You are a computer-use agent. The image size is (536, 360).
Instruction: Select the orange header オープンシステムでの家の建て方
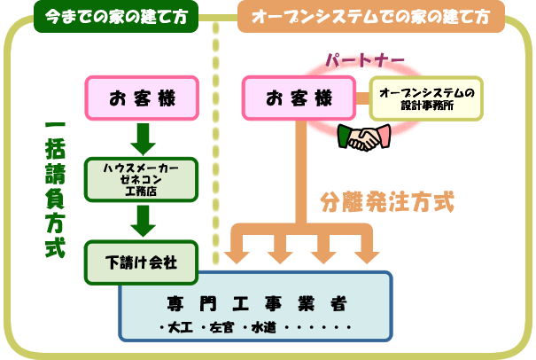click(371, 17)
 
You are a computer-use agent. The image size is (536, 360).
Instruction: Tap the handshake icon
click(361, 137)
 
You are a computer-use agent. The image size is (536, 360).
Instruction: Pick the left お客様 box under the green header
click(143, 98)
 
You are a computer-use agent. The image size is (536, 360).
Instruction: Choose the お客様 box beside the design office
click(302, 98)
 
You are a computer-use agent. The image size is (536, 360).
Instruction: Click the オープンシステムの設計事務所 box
click(426, 98)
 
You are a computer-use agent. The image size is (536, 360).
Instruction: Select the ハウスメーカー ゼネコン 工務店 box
click(143, 178)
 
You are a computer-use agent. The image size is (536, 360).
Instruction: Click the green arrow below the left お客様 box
click(143, 138)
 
